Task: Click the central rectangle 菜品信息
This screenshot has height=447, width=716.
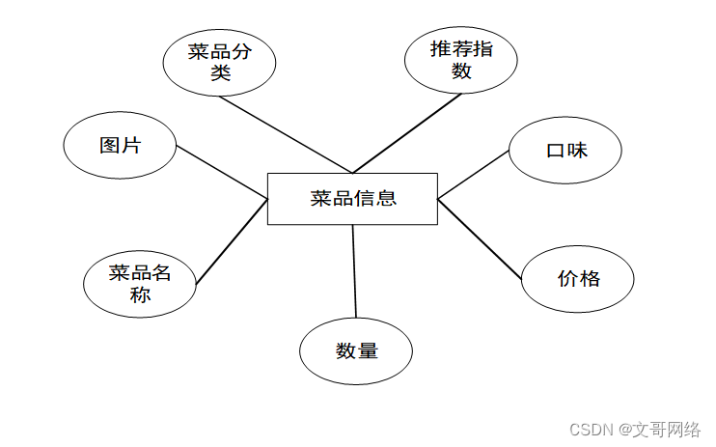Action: tap(352, 199)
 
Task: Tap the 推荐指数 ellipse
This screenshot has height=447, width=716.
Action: tap(460, 60)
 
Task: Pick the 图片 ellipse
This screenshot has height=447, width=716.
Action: tap(120, 146)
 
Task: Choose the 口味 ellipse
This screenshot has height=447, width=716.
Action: tap(565, 151)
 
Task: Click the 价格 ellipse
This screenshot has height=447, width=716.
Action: tap(578, 279)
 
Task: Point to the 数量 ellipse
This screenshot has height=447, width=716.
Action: tap(356, 350)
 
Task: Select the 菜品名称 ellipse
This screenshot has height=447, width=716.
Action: tap(140, 284)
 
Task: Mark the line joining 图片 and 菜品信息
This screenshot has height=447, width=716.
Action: tap(222, 173)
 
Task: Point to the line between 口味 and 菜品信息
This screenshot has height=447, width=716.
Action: tap(473, 175)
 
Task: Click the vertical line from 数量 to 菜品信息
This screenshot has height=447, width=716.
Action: tap(354, 270)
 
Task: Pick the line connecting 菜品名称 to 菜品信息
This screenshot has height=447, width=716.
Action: tap(232, 240)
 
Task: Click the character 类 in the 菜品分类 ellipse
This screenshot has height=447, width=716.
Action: tap(220, 72)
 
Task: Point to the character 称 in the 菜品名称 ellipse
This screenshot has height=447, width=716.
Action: tap(140, 294)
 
